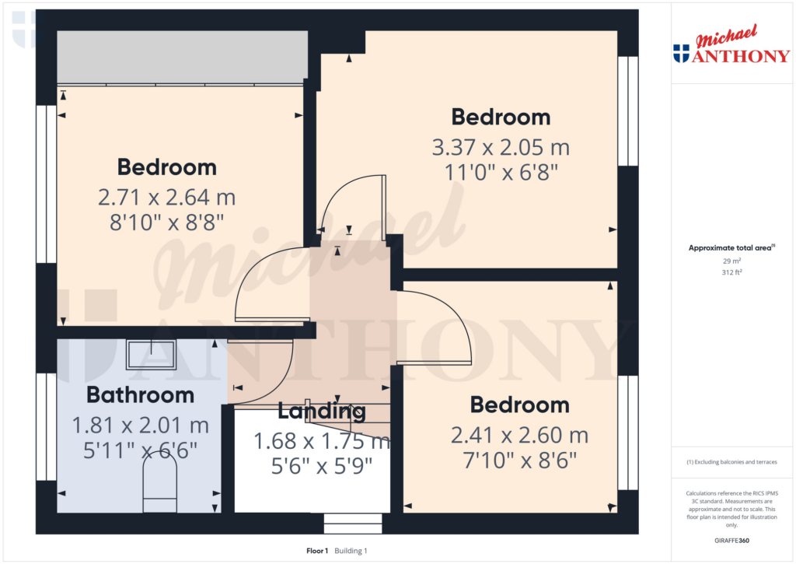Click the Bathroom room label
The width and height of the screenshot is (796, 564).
[140, 395]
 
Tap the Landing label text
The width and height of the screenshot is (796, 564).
[321, 411]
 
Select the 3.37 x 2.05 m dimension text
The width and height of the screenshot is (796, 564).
[501, 147]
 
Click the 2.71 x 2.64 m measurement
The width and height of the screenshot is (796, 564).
[166, 197]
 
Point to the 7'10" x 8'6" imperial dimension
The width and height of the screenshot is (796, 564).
[519, 461]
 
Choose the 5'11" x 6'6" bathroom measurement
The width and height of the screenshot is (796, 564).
[140, 450]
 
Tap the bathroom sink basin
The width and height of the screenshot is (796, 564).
[151, 354]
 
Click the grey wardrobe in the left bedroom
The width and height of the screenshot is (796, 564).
[183, 57]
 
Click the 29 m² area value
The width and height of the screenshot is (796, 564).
[731, 261]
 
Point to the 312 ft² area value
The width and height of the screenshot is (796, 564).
[731, 272]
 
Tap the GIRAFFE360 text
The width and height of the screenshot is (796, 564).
[731, 541]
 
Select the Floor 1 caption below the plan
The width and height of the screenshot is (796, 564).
[318, 551]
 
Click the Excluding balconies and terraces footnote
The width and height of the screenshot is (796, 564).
[731, 462]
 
